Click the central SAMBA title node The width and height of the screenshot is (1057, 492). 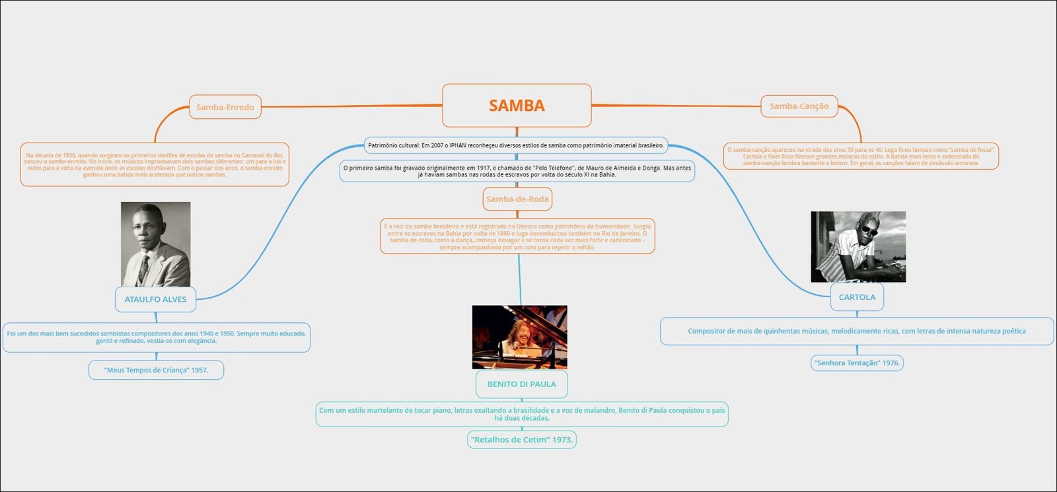coord(517,106)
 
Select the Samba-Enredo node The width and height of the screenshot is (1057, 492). coord(225,107)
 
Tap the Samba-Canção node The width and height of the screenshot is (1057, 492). coord(799,106)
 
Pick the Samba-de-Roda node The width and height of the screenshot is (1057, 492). coord(517,199)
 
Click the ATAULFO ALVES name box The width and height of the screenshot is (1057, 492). coord(156,299)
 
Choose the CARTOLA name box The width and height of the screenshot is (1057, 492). coord(857,297)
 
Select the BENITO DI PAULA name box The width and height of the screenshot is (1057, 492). coord(522,384)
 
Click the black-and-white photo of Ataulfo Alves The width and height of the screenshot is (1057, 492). coord(156,244)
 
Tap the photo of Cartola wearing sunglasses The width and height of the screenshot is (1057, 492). coord(858,247)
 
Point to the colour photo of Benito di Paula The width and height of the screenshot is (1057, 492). coord(520,337)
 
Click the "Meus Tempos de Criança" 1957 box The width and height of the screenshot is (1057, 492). coord(156,370)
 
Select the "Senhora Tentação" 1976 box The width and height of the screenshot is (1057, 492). coord(857,363)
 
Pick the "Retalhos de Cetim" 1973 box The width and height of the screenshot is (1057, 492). coord(522,439)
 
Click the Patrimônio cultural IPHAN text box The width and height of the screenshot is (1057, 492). coord(516,145)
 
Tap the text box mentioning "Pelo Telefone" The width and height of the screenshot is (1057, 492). coord(517,171)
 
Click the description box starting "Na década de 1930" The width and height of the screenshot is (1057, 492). coord(155,164)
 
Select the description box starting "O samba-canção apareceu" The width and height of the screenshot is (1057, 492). coord(861,157)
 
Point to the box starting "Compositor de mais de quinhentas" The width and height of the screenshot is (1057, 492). coord(857,331)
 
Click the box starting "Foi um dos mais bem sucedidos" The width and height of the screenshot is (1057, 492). coord(156,337)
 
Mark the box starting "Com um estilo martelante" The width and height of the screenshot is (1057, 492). coord(522,414)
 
